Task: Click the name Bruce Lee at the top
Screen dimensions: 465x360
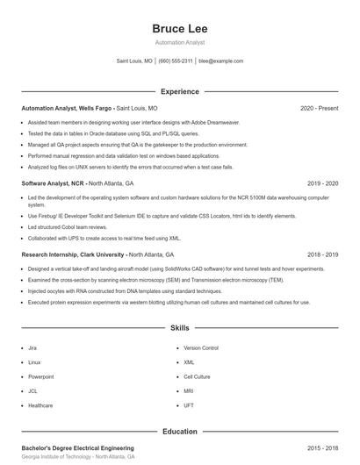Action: pyautogui.click(x=179, y=28)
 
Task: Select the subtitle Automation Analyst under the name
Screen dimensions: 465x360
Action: pyautogui.click(x=179, y=42)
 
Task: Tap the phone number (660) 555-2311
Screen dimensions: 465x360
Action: pyautogui.click(x=176, y=61)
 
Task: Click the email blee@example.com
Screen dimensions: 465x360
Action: pyautogui.click(x=220, y=61)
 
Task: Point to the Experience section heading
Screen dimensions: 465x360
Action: pyautogui.click(x=179, y=91)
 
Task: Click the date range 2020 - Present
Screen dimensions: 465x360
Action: pyautogui.click(x=319, y=108)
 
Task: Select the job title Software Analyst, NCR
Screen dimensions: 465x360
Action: pyautogui.click(x=53, y=184)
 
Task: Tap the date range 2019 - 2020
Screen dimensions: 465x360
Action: pyautogui.click(x=322, y=184)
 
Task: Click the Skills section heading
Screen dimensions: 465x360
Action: pyautogui.click(x=179, y=328)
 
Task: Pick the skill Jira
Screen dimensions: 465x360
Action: pyautogui.click(x=32, y=348)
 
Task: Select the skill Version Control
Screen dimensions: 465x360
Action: pyautogui.click(x=200, y=348)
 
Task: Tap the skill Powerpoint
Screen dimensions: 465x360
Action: pyautogui.click(x=40, y=376)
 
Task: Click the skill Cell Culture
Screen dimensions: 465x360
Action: pyautogui.click(x=197, y=376)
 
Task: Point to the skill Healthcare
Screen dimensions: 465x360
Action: pyautogui.click(x=40, y=405)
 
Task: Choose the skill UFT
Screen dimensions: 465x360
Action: pyautogui.click(x=189, y=405)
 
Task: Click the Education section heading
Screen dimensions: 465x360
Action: pyautogui.click(x=179, y=432)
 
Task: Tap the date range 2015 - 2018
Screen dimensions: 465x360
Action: pyautogui.click(x=322, y=448)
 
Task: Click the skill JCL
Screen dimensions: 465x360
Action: pyautogui.click(x=33, y=390)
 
